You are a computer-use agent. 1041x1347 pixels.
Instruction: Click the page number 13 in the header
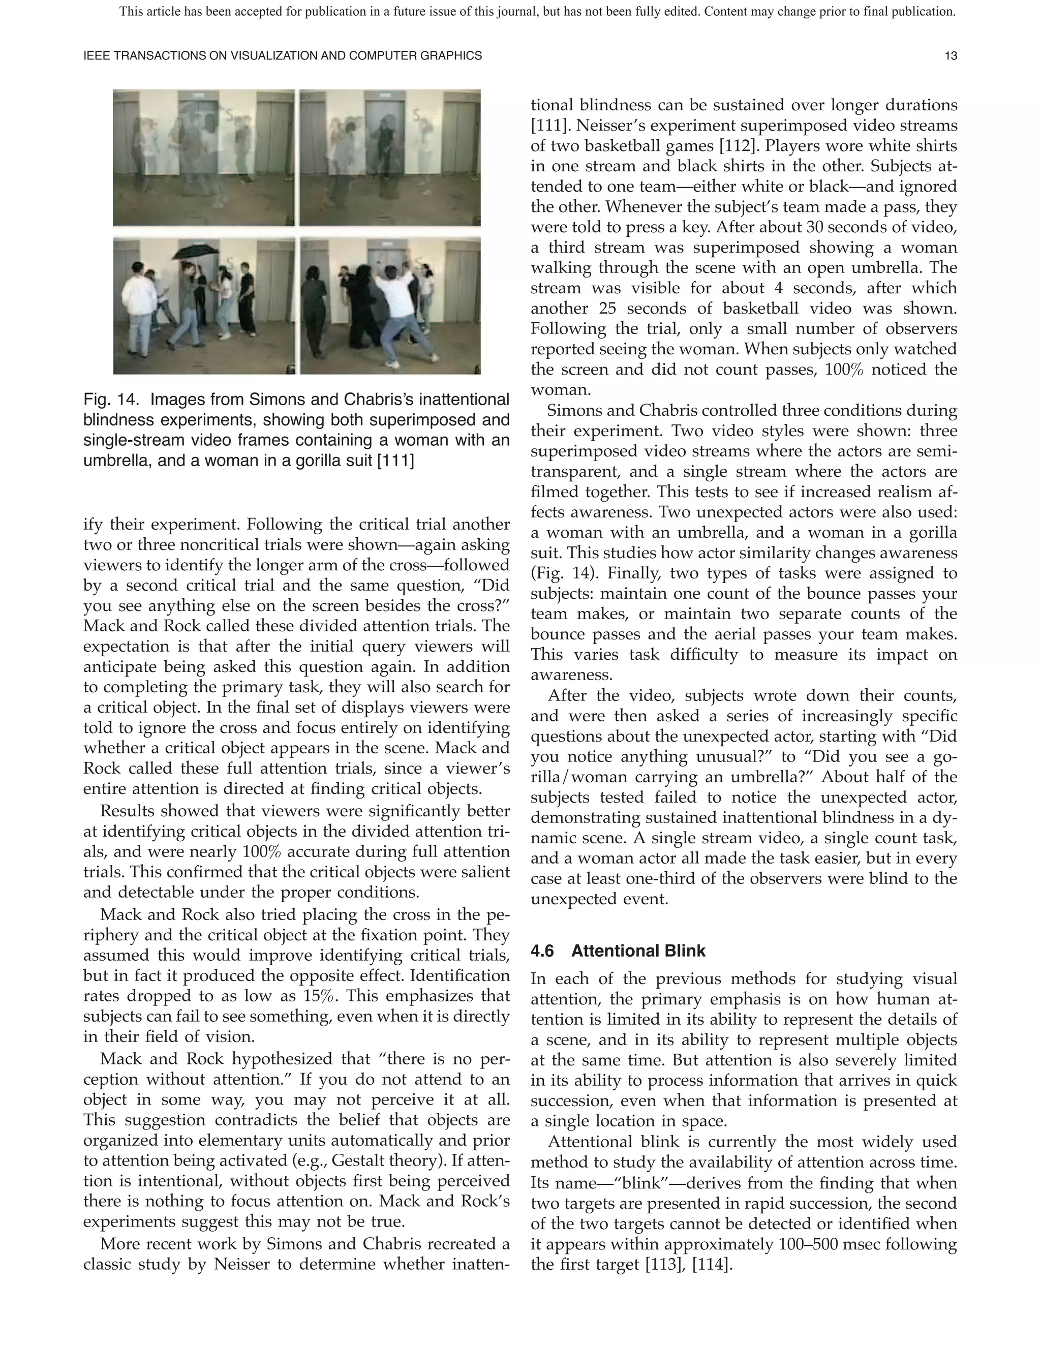(951, 56)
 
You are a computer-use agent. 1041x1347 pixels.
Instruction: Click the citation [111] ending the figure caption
(395, 461)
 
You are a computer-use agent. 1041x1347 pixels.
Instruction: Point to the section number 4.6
(542, 951)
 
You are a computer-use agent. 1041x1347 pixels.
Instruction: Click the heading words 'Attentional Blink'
(638, 951)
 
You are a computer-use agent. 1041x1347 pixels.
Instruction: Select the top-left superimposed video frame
(204, 158)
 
